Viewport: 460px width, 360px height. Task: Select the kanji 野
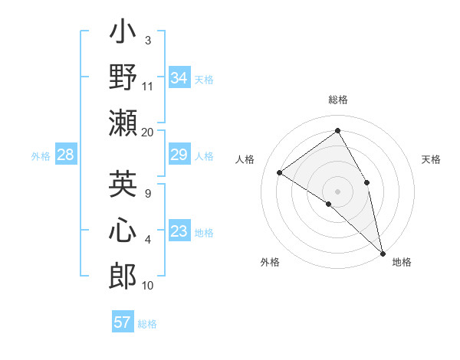pyautogui.click(x=123, y=77)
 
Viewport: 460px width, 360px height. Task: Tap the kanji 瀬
pyautogui.click(x=123, y=122)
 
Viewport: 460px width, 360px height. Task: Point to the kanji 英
pyautogui.click(x=123, y=184)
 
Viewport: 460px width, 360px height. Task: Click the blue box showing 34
pyautogui.click(x=179, y=78)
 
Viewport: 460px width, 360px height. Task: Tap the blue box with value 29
pyautogui.click(x=179, y=155)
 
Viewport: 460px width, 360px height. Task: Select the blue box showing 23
pyautogui.click(x=179, y=231)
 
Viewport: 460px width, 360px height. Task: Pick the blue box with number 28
pyautogui.click(x=65, y=155)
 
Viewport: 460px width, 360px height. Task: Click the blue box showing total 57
pyautogui.click(x=122, y=322)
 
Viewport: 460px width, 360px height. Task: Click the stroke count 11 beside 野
pyautogui.click(x=148, y=86)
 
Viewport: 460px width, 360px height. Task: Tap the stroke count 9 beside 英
pyautogui.click(x=148, y=193)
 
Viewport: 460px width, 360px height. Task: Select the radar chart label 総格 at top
pyautogui.click(x=337, y=100)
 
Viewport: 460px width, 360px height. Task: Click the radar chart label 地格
pyautogui.click(x=402, y=262)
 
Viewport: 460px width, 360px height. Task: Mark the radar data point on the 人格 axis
pyautogui.click(x=280, y=173)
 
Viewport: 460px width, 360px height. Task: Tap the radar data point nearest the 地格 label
pyautogui.click(x=382, y=252)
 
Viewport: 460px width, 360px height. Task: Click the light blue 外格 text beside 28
pyautogui.click(x=41, y=156)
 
